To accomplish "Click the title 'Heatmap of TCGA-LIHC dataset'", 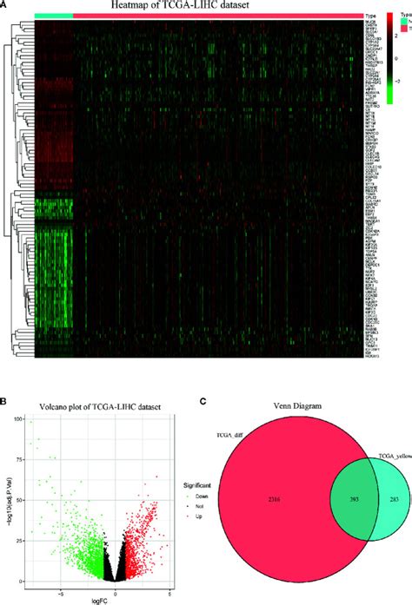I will tap(197, 6).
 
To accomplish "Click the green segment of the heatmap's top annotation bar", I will tap(55, 16).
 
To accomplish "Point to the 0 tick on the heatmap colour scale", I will tap(395, 60).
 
